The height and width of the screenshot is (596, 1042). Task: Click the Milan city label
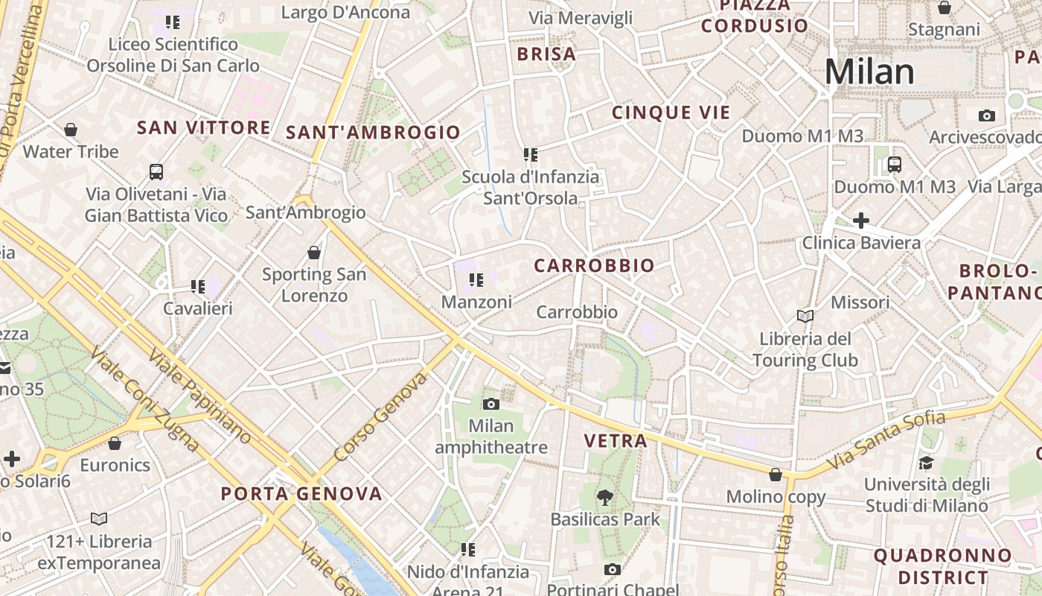pos(869,72)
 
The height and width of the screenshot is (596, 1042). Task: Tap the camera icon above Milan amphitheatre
pos(491,404)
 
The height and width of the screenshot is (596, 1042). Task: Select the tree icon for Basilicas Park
pos(605,496)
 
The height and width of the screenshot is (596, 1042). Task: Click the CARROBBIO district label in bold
pos(594,265)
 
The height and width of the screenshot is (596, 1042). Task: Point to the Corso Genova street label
pos(380,417)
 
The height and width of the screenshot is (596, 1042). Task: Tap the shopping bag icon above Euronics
pos(115,443)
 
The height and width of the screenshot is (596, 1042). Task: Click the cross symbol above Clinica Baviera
pos(861,221)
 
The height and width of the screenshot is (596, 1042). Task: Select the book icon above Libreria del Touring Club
pos(805,317)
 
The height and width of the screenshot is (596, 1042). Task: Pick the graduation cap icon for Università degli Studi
pos(926,463)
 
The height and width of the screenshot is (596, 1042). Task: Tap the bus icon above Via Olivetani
pos(156,172)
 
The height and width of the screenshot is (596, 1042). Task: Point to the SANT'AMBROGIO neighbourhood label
pos(374,133)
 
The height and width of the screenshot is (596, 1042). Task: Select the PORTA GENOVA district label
pos(301,493)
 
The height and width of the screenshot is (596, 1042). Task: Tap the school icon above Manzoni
pos(476,280)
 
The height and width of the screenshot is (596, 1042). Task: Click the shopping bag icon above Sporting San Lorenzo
pos(314,253)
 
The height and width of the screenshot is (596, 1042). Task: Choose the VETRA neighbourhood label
pos(616,440)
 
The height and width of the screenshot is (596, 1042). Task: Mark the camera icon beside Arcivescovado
pos(987,115)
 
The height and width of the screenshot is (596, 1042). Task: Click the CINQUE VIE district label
pos(671,112)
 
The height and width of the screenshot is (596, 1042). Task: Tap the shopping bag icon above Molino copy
pos(776,475)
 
